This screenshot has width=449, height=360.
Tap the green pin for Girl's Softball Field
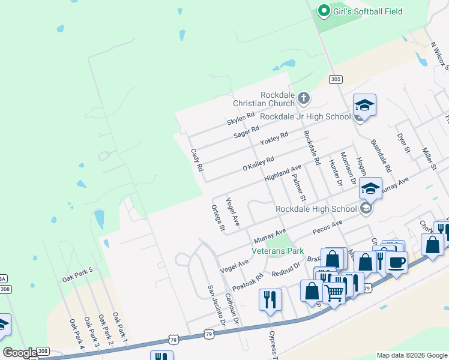pos(324,11)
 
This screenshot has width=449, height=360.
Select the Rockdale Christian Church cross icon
pos(304,97)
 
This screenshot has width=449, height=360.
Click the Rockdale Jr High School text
pos(305,116)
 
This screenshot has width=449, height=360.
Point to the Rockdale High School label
pos(316,209)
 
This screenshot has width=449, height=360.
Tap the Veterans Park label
pos(277,251)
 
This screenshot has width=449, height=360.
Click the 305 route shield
pos(336,79)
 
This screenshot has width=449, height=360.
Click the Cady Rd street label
pos(197,160)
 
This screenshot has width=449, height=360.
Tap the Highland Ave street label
pos(282,175)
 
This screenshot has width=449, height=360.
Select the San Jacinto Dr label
pos(215,306)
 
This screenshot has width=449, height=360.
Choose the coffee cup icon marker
pos(396,262)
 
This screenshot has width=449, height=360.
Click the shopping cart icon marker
pos(334,292)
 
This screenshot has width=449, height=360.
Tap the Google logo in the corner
pos(20,353)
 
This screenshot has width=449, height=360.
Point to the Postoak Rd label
pos(248,283)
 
